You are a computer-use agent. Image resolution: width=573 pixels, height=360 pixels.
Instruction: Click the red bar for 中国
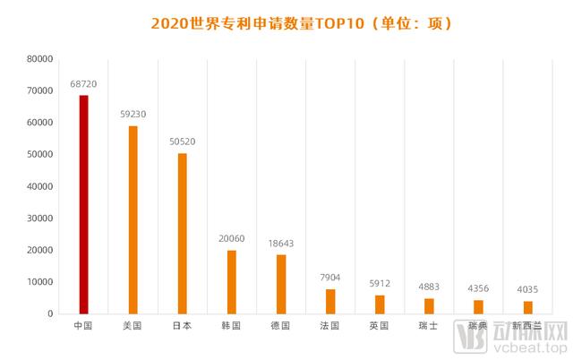pos(84,204)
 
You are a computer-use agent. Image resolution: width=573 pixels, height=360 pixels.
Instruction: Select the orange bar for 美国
pos(133,219)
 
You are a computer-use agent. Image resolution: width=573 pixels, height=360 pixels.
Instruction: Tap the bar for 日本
pos(183,233)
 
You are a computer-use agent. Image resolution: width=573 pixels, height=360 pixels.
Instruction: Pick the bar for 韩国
pos(232,281)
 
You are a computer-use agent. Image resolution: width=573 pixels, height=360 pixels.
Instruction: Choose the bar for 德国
pos(281,284)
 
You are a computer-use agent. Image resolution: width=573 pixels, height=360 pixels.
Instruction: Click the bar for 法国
pos(330,301)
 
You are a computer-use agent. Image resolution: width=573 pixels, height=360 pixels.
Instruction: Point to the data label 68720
pos(84,83)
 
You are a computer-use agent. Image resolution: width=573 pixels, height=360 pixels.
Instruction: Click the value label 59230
pos(133,114)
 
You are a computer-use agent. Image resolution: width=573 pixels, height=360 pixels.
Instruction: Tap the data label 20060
pos(232,238)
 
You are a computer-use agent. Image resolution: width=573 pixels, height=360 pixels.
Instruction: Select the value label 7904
pos(330,278)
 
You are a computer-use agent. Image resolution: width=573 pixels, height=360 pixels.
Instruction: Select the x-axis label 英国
pos(380,326)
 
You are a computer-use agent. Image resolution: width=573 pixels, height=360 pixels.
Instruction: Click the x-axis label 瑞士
pos(429,326)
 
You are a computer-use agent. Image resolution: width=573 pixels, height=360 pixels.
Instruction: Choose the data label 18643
pos(281,243)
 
